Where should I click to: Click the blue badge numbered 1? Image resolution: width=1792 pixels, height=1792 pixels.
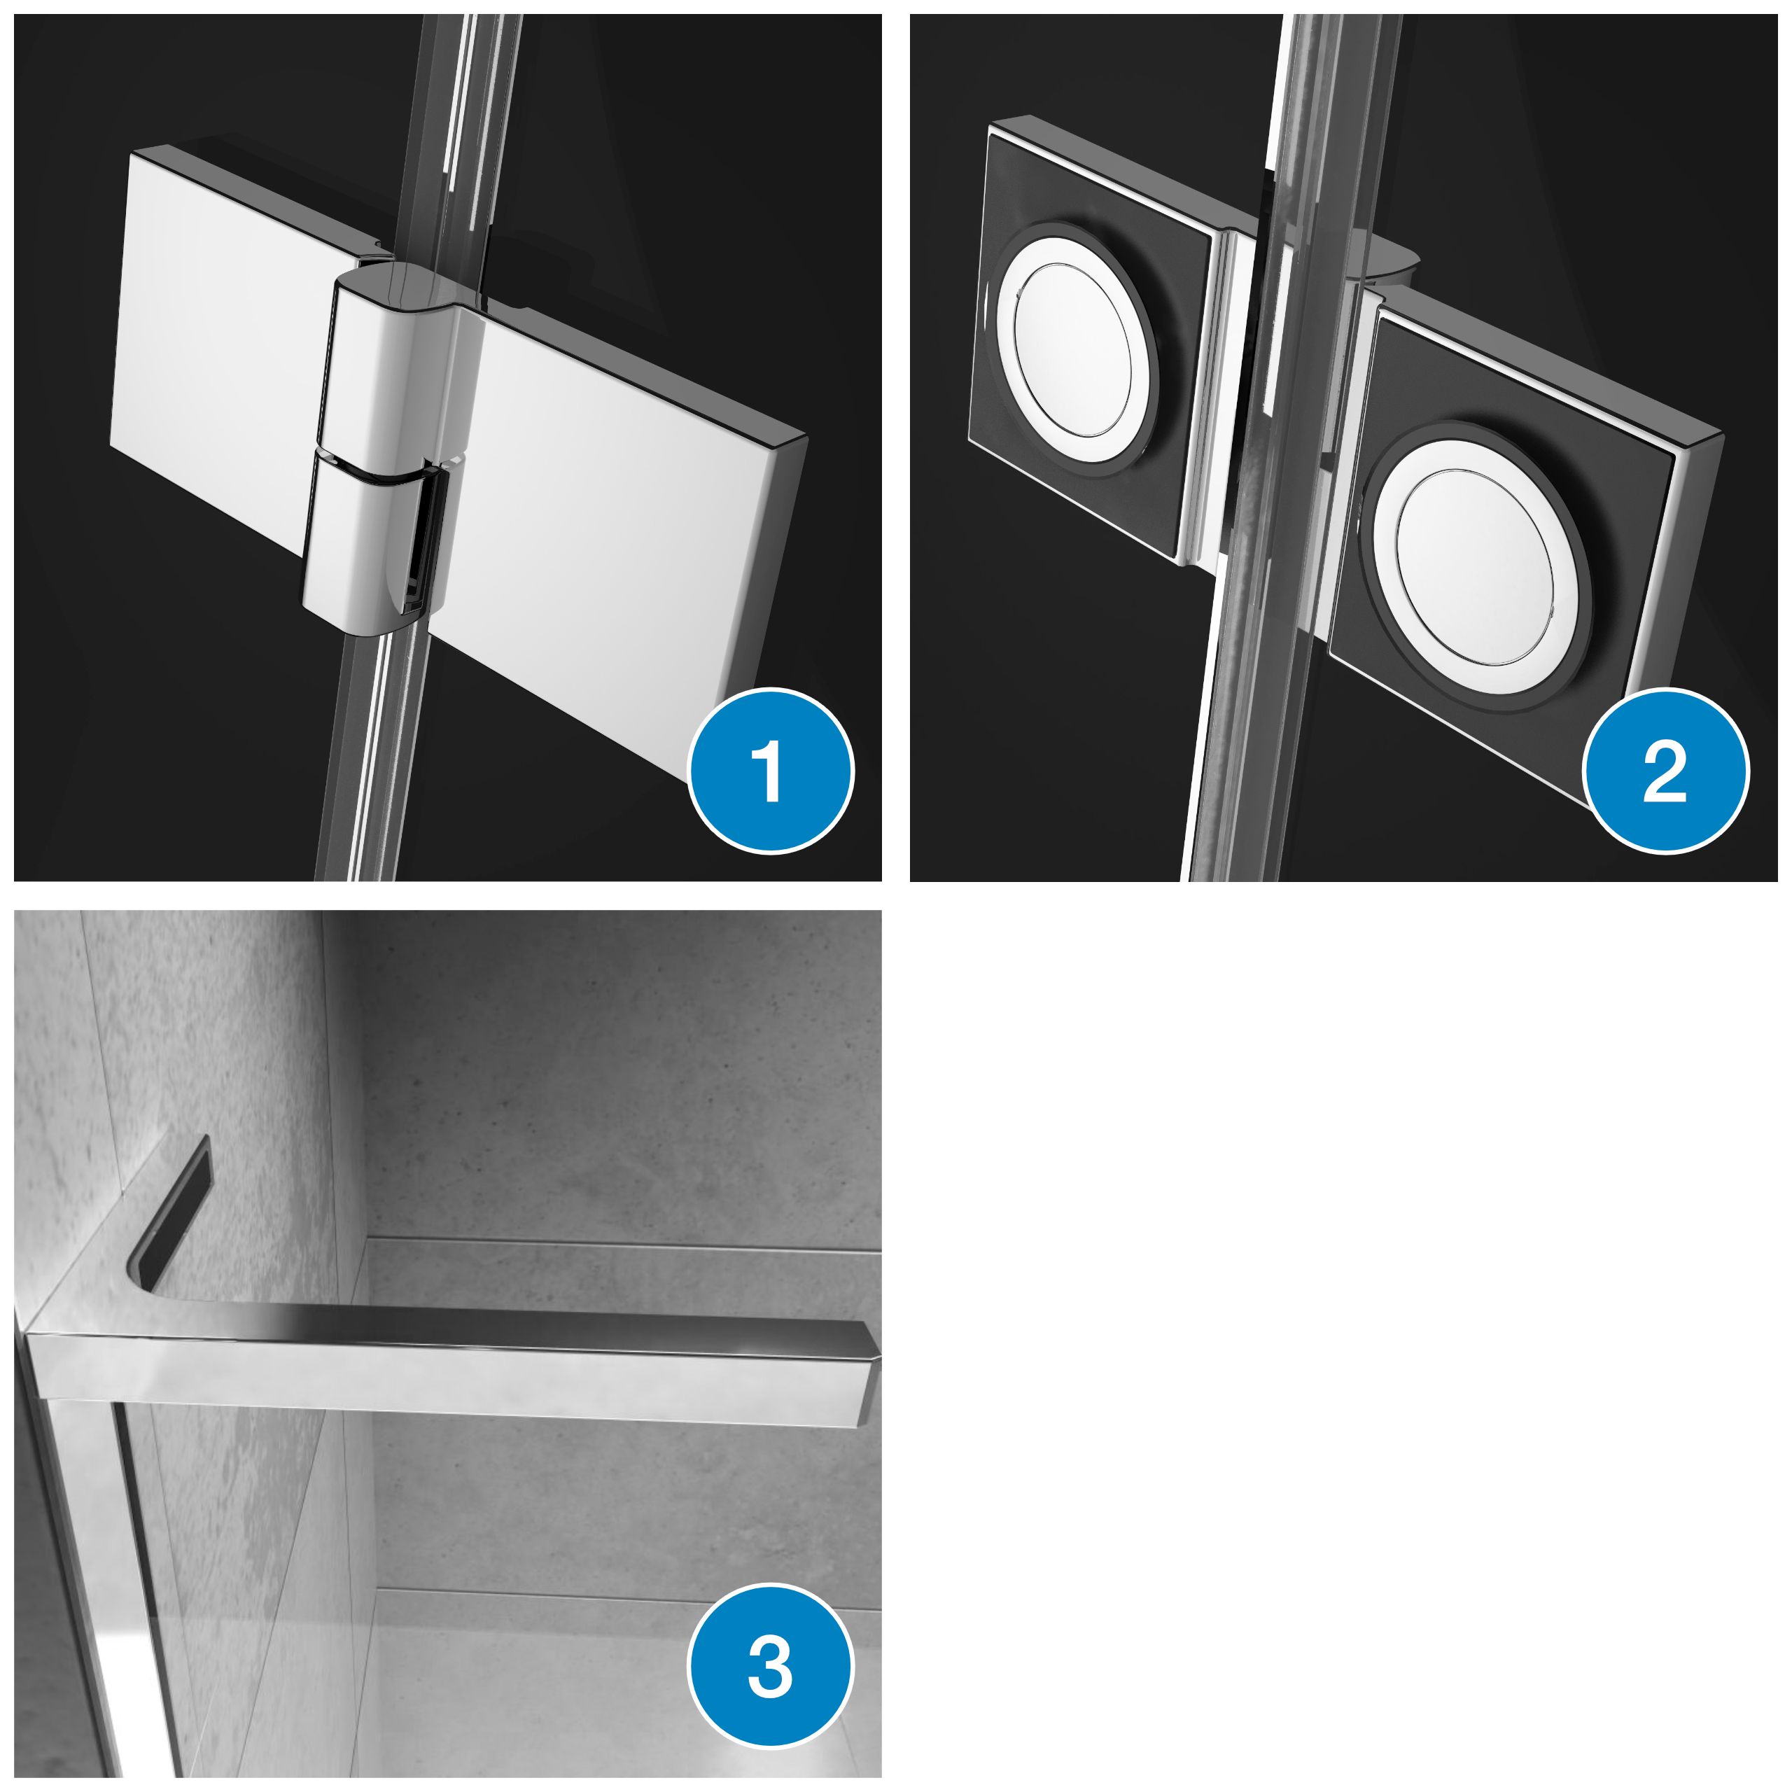click(770, 771)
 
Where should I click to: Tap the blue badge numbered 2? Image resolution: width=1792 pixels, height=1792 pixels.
click(1665, 771)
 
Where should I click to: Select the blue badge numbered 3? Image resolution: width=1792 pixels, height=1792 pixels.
click(770, 1667)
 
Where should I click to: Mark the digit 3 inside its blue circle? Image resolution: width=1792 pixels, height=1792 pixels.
click(770, 1667)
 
